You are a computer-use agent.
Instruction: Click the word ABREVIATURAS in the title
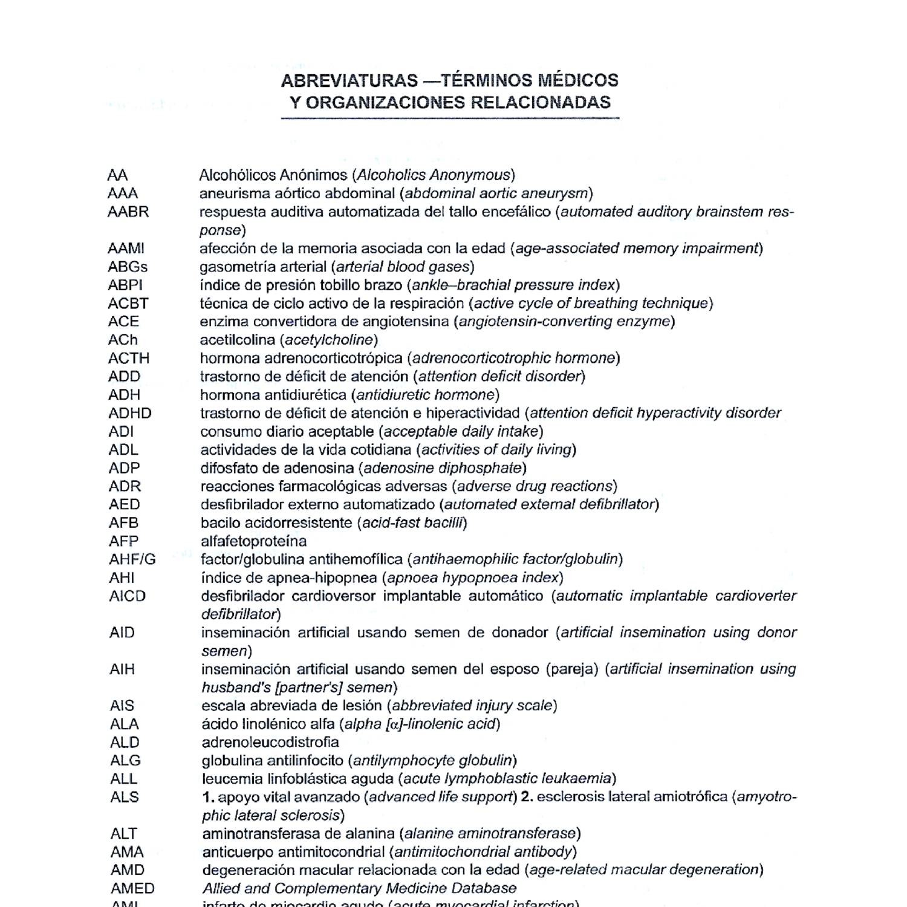coord(349,80)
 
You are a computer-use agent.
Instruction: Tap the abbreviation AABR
coord(128,212)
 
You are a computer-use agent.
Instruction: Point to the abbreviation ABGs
coord(128,267)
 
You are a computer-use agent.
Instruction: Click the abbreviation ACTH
coord(129,358)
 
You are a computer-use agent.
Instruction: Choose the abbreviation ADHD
coord(130,413)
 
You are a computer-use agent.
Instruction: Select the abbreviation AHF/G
coord(132,559)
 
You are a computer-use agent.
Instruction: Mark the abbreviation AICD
coord(128,596)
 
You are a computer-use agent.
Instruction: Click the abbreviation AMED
coord(132,888)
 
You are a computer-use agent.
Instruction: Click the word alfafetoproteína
coord(253,541)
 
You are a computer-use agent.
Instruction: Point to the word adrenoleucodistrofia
coord(270,742)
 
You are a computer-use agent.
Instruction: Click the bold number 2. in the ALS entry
coord(527,797)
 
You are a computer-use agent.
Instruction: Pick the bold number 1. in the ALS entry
coord(208,797)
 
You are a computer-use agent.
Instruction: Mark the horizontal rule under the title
coord(450,119)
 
